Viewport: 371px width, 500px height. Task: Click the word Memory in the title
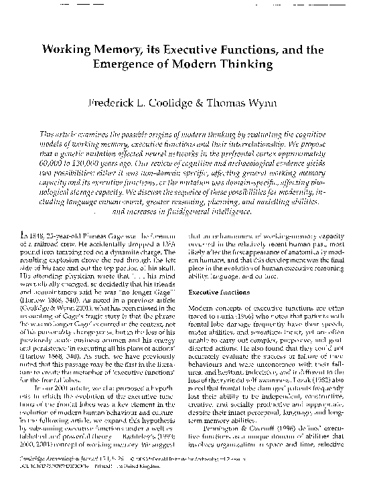click(x=115, y=50)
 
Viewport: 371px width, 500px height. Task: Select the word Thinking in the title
click(x=246, y=64)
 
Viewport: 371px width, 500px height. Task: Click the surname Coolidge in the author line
click(x=171, y=104)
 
